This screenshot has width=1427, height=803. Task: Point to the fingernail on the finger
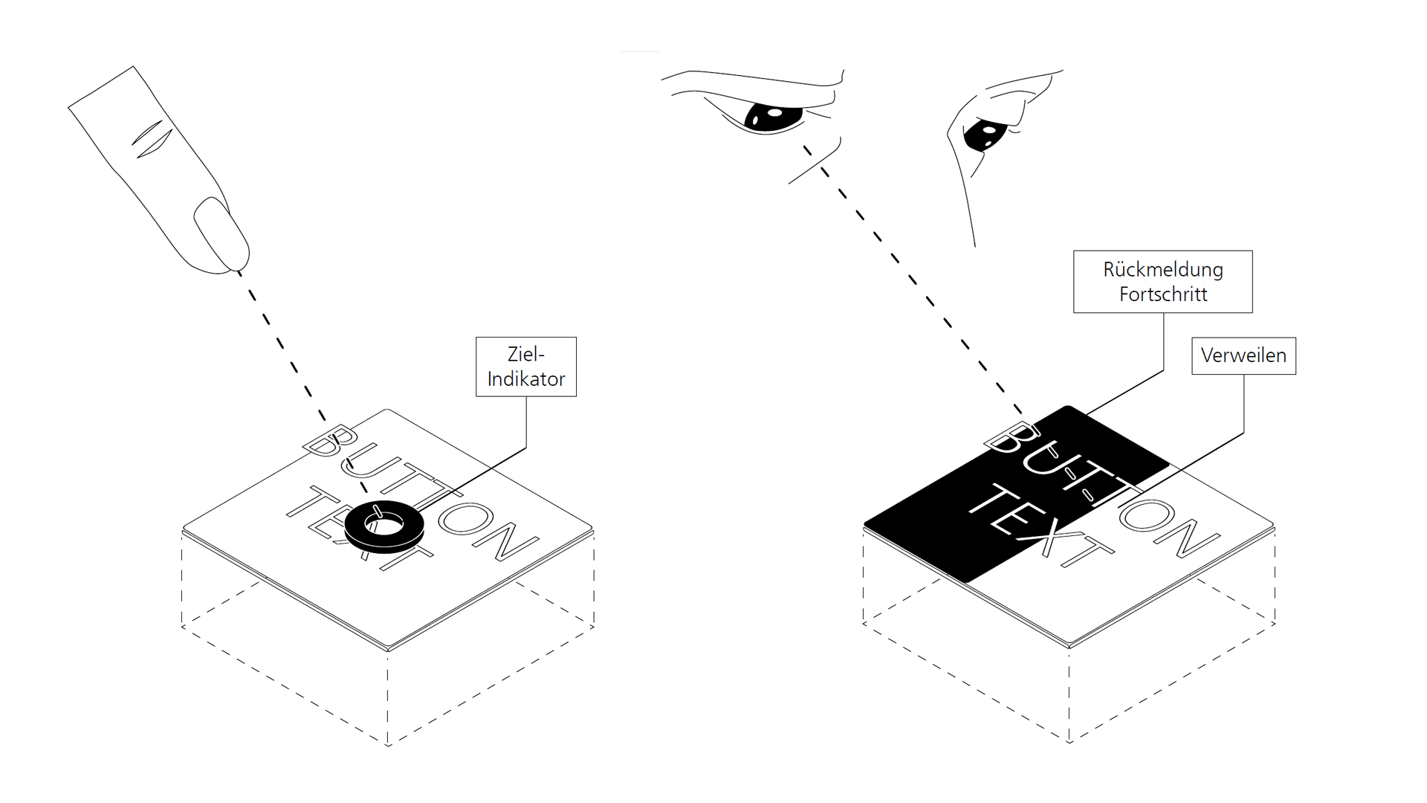[x=221, y=234]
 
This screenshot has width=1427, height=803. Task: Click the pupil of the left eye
[x=773, y=117]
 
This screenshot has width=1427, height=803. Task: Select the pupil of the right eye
[x=986, y=135]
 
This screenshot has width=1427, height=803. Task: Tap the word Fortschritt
[x=1163, y=294]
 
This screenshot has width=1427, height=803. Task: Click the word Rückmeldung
[x=1163, y=269]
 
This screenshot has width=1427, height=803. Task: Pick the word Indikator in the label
[x=526, y=379]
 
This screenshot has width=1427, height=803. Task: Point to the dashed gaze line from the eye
[x=913, y=279]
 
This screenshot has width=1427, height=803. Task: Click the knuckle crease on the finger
[x=152, y=139]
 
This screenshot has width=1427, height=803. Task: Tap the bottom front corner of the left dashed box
[x=388, y=745]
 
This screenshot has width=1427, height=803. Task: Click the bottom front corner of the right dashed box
[x=1070, y=742]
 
